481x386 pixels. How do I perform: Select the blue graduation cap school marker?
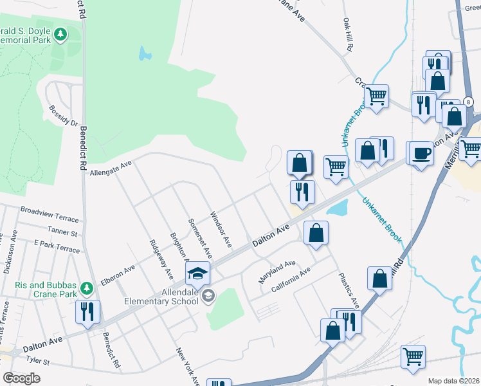point(198,274)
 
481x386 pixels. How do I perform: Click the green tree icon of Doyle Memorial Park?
point(61,34)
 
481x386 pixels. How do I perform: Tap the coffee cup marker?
point(422,154)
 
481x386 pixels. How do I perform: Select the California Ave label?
point(291,280)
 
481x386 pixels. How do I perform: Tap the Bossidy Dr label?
point(65,116)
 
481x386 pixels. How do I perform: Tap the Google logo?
point(21,378)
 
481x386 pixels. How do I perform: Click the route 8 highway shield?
point(469,102)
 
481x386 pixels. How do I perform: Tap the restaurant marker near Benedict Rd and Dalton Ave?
point(86,312)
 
